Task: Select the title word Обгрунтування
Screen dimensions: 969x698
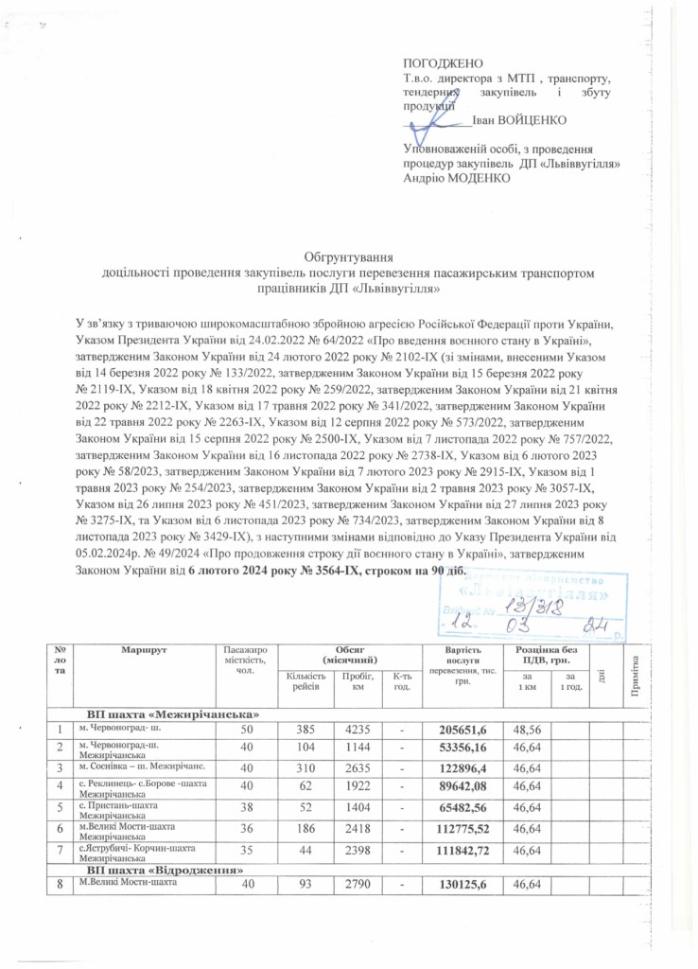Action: [348, 257]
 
